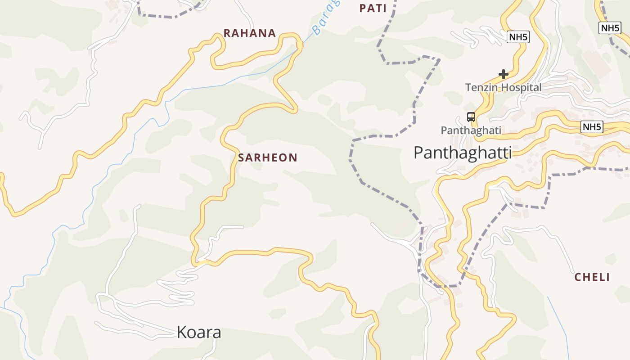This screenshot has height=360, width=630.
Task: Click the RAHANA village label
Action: click(x=250, y=33)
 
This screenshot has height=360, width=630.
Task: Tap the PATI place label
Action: click(x=373, y=8)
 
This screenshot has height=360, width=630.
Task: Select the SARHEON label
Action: click(x=268, y=157)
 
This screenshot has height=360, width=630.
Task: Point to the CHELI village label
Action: click(x=592, y=277)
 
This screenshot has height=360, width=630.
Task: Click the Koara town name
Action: click(x=199, y=333)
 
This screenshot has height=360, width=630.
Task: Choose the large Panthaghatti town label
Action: click(x=462, y=153)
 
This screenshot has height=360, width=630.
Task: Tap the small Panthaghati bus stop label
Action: click(x=471, y=130)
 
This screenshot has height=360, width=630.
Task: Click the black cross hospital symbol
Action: click(x=503, y=74)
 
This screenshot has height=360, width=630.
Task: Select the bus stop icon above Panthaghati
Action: click(x=471, y=117)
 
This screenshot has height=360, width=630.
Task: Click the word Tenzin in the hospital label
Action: click(x=482, y=87)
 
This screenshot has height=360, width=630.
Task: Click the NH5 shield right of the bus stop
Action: click(x=592, y=127)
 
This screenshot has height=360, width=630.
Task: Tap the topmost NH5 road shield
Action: click(x=610, y=28)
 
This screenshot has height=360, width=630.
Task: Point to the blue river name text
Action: click(x=325, y=18)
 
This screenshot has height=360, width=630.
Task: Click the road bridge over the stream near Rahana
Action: click(x=300, y=44)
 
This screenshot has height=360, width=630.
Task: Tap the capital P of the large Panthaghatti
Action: click(x=418, y=153)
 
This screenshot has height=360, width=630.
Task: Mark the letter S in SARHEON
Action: click(x=241, y=157)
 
